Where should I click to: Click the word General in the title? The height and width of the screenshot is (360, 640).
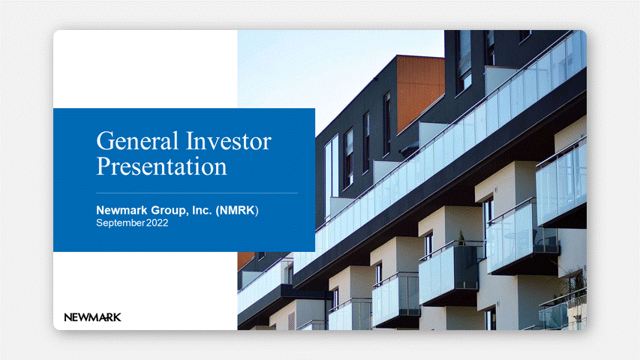tap(137, 141)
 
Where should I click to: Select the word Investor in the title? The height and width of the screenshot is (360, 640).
tap(229, 141)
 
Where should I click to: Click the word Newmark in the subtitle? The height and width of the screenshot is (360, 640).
tap(122, 210)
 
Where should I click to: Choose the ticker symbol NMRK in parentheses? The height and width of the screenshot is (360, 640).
tap(237, 210)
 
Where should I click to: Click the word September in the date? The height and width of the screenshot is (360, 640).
tap(120, 223)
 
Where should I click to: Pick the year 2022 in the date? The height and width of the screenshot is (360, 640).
tap(157, 223)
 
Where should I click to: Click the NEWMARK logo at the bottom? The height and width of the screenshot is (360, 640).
tap(92, 317)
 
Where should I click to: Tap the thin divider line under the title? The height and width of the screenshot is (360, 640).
tap(197, 193)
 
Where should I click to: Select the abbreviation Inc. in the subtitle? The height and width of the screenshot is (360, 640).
tap(202, 210)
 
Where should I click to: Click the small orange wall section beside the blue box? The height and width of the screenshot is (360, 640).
tap(245, 259)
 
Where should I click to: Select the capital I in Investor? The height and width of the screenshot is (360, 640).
tap(190, 141)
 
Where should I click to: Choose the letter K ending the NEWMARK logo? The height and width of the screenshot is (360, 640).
tap(117, 317)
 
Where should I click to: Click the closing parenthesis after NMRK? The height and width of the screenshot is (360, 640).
tap(257, 211)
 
